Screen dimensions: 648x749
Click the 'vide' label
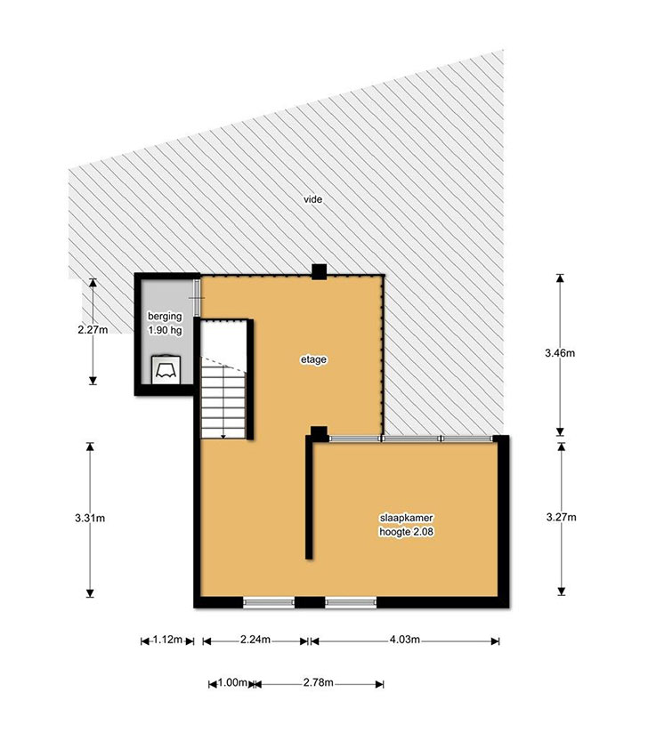pyautogui.click(x=313, y=199)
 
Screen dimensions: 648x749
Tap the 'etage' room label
pyautogui.click(x=313, y=359)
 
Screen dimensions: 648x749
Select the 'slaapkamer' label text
pyautogui.click(x=406, y=518)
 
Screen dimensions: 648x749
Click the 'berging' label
pyautogui.click(x=165, y=316)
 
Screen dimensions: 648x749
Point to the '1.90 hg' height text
pyautogui.click(x=165, y=330)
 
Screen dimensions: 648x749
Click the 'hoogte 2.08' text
pyautogui.click(x=406, y=532)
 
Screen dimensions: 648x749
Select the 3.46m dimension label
pyautogui.click(x=560, y=353)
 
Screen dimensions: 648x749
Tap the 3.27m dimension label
pyautogui.click(x=561, y=517)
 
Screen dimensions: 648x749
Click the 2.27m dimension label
pyautogui.click(x=93, y=329)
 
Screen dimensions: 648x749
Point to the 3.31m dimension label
pyautogui.click(x=90, y=518)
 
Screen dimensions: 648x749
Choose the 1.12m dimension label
pyautogui.click(x=167, y=640)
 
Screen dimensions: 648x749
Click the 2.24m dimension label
pyautogui.click(x=255, y=640)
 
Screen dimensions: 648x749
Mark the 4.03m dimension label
pyautogui.click(x=404, y=640)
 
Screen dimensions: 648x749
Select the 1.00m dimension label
pyautogui.click(x=232, y=682)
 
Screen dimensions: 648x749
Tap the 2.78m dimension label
pyautogui.click(x=319, y=682)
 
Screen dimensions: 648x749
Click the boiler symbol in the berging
pyautogui.click(x=166, y=369)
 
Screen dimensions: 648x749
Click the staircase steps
pyautogui.click(x=223, y=398)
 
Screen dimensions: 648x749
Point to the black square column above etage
pyautogui.click(x=319, y=272)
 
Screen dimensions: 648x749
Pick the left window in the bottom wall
pyautogui.click(x=269, y=602)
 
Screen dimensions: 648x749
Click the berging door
pyautogui.click(x=197, y=298)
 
